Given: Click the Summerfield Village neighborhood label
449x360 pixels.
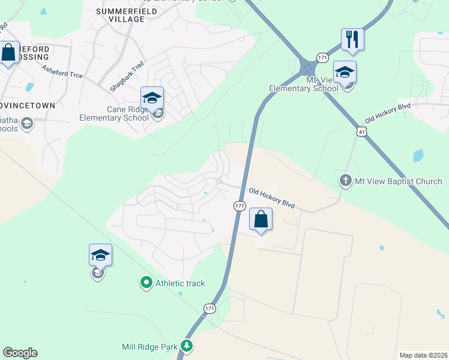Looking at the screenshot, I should click(120, 15).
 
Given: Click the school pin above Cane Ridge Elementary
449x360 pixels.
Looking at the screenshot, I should click(152, 97).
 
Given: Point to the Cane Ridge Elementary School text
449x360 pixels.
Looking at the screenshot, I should click(114, 113).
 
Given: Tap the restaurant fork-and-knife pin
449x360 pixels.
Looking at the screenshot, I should click(352, 40).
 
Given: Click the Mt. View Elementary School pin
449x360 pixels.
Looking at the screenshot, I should click(345, 72).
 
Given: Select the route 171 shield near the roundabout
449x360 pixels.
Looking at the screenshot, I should click(323, 57).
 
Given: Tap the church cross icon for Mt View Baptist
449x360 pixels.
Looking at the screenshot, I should click(345, 180).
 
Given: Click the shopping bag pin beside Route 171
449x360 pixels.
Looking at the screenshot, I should click(261, 219).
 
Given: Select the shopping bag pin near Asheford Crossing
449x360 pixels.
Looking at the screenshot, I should click(9, 53).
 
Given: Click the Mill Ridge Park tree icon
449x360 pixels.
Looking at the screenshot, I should click(187, 346).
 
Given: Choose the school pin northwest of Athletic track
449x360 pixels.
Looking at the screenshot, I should click(100, 255).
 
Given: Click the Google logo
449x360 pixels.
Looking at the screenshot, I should click(20, 353).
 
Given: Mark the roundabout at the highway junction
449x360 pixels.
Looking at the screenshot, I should click(308, 66).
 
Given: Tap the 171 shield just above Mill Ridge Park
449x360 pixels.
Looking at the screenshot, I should click(209, 308).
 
